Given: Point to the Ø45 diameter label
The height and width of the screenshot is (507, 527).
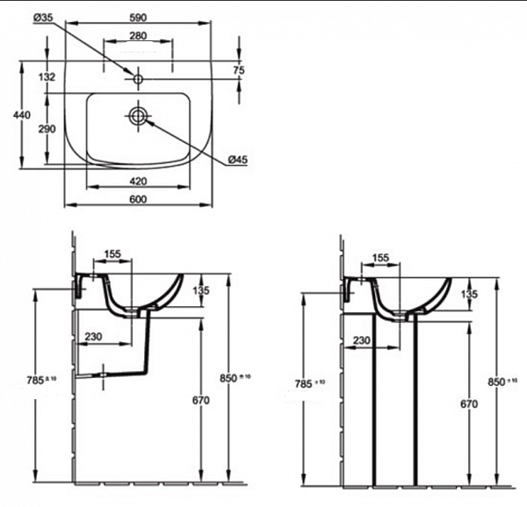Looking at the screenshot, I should (x=237, y=159).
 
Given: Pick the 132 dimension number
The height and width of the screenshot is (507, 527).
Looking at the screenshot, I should (x=47, y=77).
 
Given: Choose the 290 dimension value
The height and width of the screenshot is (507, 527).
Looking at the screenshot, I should (x=47, y=129).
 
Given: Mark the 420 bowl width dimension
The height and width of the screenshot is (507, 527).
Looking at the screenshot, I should (x=138, y=182).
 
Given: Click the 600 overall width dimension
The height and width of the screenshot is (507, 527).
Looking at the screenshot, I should (x=138, y=200).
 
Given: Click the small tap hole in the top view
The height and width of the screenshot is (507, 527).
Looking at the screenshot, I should (x=138, y=79).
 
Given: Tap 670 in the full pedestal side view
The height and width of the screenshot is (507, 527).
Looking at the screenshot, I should (x=468, y=404).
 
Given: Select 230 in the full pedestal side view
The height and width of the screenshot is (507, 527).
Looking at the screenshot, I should (x=359, y=341).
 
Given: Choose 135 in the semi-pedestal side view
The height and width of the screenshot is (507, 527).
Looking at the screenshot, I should (x=201, y=290).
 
